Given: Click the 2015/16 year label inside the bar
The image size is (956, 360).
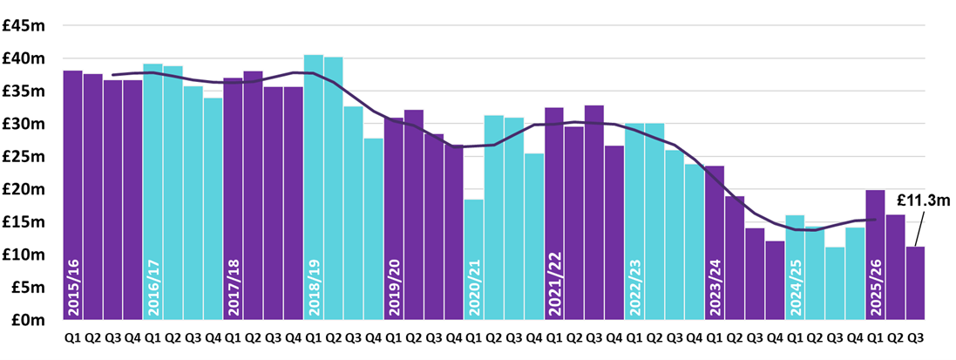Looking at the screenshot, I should pos(72,287).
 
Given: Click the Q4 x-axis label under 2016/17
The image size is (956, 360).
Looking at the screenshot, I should pos(213,337).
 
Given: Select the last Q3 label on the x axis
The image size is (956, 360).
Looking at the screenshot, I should pos(915,337).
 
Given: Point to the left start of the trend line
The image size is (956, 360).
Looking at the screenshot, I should pos(113,75).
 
